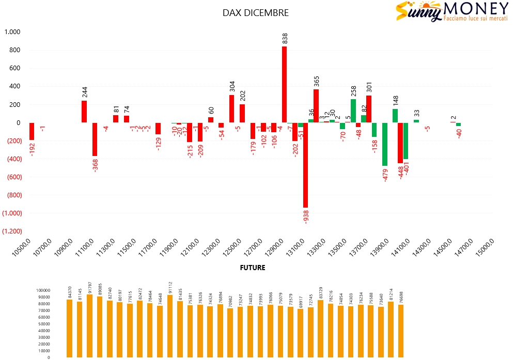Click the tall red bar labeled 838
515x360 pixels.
coord(284,84)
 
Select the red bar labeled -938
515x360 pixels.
coord(305,165)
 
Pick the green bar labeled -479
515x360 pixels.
coord(385,144)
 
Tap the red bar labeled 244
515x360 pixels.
coord(84,112)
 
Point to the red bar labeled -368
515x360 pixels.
coord(95,139)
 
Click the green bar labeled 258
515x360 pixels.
coord(353,111)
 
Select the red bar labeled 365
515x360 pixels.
coord(316,106)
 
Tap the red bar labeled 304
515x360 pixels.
coord(231,108)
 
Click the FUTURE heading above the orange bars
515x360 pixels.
coord(253,268)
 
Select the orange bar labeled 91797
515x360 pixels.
coord(90,326)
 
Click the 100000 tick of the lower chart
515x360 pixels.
coord(43,290)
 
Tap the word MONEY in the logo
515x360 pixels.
coord(475,9)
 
